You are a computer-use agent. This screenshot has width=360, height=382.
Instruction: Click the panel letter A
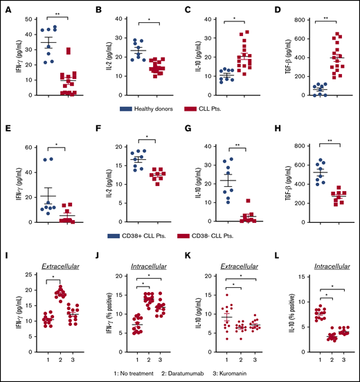pyautogui.click(x=7, y=7)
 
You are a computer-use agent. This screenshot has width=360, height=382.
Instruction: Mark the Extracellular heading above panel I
pyautogui.click(x=57, y=266)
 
